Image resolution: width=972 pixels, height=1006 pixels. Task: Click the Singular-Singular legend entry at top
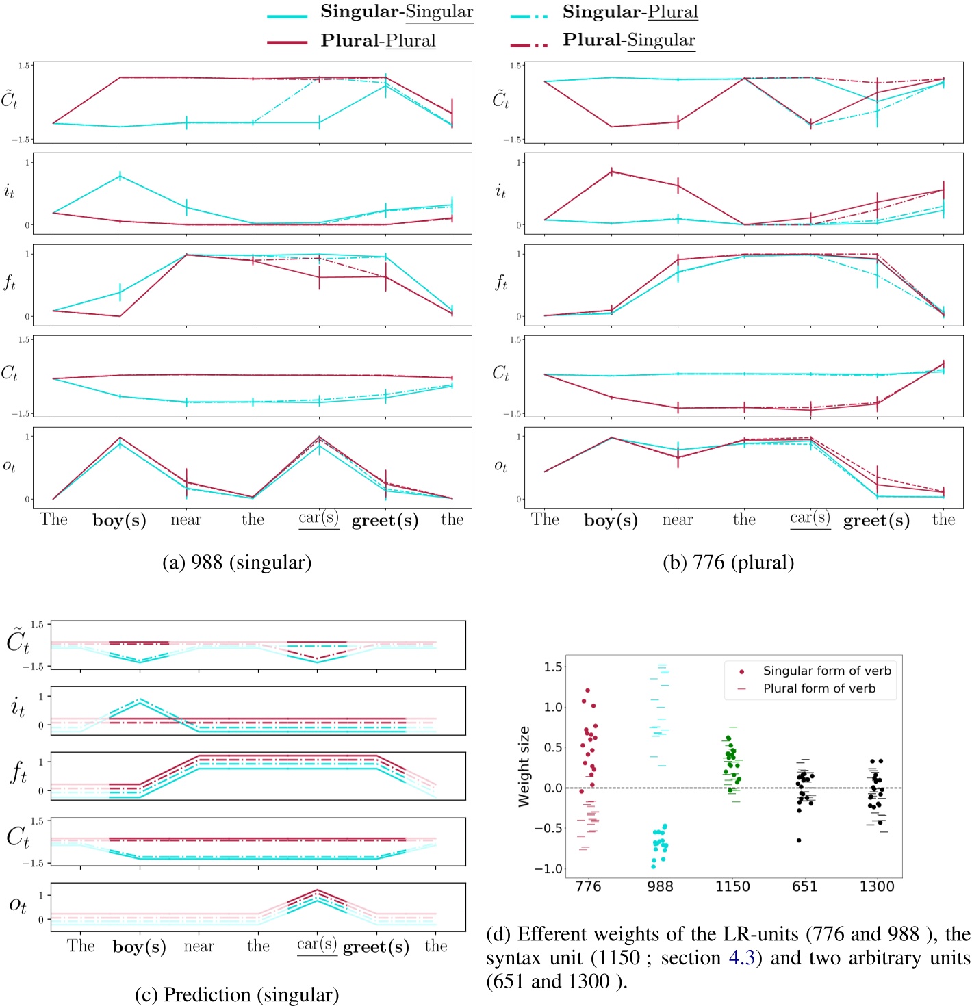point(396,12)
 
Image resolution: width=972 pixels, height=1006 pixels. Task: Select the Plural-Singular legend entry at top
point(628,40)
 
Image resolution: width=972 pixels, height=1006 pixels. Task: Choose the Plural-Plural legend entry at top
point(378,40)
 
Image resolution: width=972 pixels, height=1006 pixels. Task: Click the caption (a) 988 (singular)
point(237,563)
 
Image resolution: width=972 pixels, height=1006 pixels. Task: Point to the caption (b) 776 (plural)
point(728,563)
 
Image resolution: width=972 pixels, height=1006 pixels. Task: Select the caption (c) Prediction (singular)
point(237,994)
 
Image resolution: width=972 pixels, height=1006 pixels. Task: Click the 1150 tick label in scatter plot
point(732,887)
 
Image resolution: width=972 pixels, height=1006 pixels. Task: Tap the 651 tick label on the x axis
point(804,887)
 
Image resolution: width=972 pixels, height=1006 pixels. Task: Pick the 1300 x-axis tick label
point(876,887)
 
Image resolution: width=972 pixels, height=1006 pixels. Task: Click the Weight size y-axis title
point(524,766)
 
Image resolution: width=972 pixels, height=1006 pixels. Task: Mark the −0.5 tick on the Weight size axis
point(549,828)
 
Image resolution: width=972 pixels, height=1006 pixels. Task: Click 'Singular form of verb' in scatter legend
point(827,671)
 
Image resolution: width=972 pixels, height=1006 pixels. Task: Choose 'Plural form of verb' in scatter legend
point(819,688)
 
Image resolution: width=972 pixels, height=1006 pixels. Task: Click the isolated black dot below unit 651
point(799,840)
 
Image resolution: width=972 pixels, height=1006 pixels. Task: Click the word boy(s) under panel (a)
point(119,521)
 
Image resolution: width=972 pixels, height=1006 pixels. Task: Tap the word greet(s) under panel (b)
point(876,521)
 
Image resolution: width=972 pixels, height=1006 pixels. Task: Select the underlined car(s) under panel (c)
point(317,945)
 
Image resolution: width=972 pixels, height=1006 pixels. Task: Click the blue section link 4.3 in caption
point(741,958)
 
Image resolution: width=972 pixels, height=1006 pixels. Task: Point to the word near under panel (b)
point(678,520)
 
